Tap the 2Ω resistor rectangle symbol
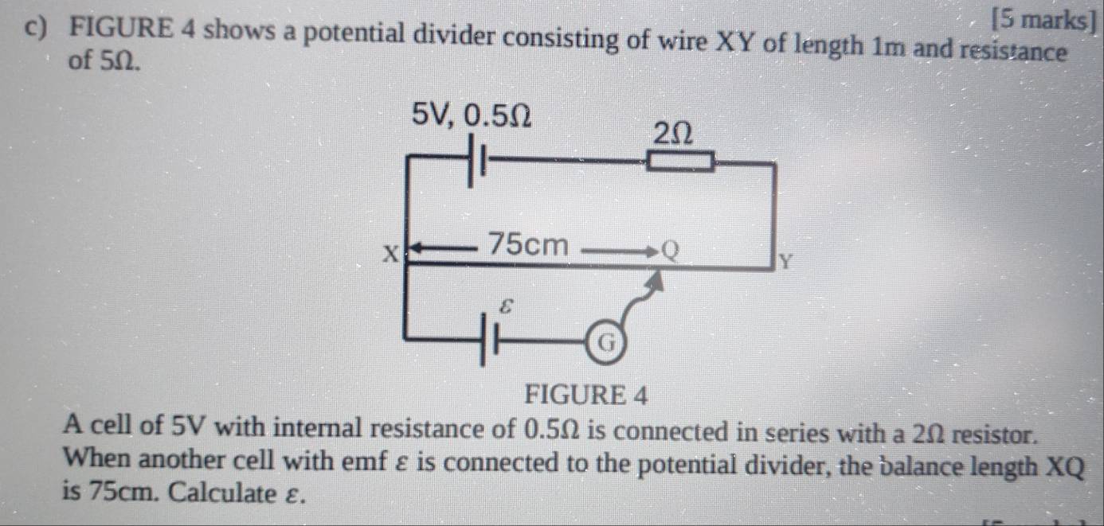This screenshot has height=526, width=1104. coord(680,161)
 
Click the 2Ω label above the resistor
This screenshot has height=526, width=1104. coord(673,134)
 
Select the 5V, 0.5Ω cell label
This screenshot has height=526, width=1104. coord(472,115)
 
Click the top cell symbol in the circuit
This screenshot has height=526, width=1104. coord(476,161)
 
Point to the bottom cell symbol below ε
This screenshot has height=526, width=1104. coord(488,341)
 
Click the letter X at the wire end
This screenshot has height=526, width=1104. coord(391,254)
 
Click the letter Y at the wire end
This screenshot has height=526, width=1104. coord(785,261)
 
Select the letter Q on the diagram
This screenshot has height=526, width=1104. coord(670,251)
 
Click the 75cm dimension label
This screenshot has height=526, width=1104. coord(528,245)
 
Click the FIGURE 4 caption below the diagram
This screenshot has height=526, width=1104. coord(586,395)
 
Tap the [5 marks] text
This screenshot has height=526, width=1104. coord(1045,21)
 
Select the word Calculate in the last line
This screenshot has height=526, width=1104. coord(224,492)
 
